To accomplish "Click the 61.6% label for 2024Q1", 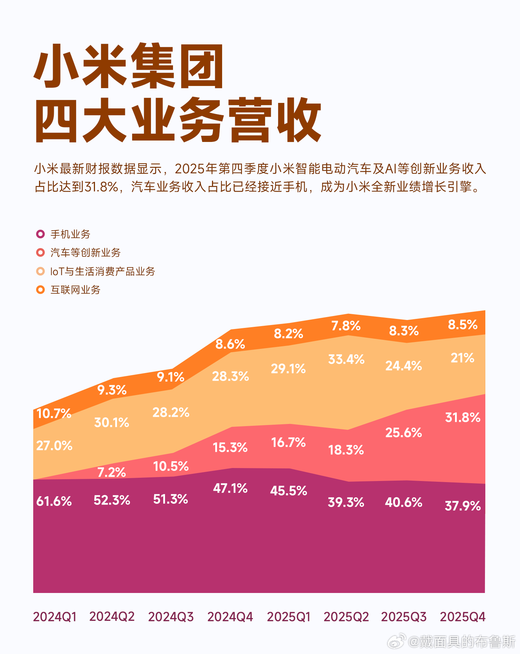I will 54,501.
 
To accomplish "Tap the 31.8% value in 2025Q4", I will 463,417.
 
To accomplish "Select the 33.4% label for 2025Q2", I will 346,359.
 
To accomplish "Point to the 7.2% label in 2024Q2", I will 112,472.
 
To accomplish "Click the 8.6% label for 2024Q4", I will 230,344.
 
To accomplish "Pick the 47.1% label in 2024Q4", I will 230,488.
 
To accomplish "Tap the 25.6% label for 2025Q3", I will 403,432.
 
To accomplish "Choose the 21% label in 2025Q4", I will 462,358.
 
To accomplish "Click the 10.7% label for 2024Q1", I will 54,413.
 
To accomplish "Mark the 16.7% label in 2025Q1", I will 288,442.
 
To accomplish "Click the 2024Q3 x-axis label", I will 171,616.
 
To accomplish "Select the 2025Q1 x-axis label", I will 289,616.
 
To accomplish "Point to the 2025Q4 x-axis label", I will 463,616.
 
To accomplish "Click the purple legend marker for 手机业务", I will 40,234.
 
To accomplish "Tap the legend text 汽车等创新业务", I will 86,252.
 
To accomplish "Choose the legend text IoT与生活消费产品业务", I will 103,271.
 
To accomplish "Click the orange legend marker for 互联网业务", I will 40,290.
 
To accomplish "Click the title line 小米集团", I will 129,67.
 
